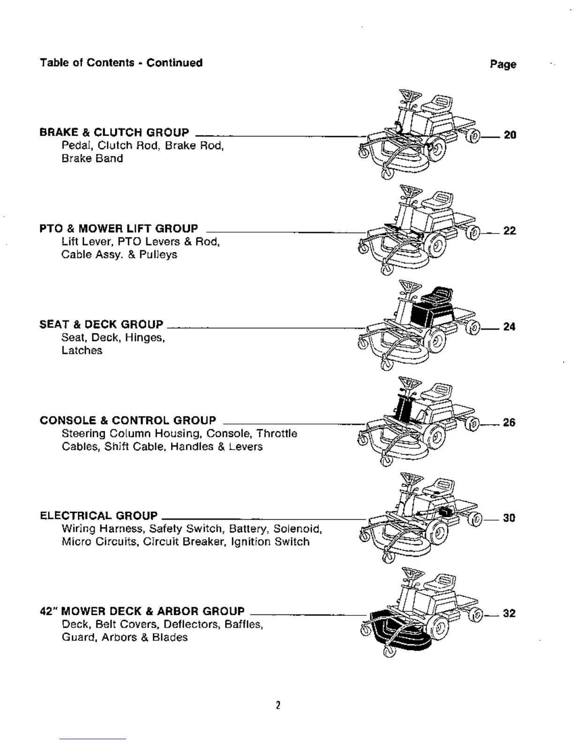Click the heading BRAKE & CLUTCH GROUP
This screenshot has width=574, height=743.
pyautogui.click(x=114, y=132)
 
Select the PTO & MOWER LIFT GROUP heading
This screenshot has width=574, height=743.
pyautogui.click(x=119, y=228)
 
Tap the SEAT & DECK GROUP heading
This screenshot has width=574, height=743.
pyautogui.click(x=101, y=324)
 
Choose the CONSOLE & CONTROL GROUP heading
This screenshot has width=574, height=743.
pyautogui.click(x=128, y=420)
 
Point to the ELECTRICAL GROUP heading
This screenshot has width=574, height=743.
pyautogui.click(x=98, y=516)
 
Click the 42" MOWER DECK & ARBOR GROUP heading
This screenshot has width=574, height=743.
pyautogui.click(x=142, y=611)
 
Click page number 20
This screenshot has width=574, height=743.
pyautogui.click(x=510, y=135)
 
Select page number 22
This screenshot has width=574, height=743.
pyautogui.click(x=510, y=231)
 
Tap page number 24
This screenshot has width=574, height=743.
pyautogui.click(x=509, y=326)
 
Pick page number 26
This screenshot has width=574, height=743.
pyautogui.click(x=509, y=423)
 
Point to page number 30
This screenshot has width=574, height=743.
pyautogui.click(x=509, y=518)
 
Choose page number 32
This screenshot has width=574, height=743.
pyautogui.click(x=509, y=614)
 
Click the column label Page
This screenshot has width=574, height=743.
pyautogui.click(x=503, y=64)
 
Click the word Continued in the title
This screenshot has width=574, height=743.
pyautogui.click(x=174, y=63)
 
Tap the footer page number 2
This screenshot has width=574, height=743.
pyautogui.click(x=278, y=705)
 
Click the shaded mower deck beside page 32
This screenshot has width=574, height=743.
pyautogui.click(x=399, y=633)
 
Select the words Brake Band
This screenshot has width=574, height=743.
pyautogui.click(x=92, y=159)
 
